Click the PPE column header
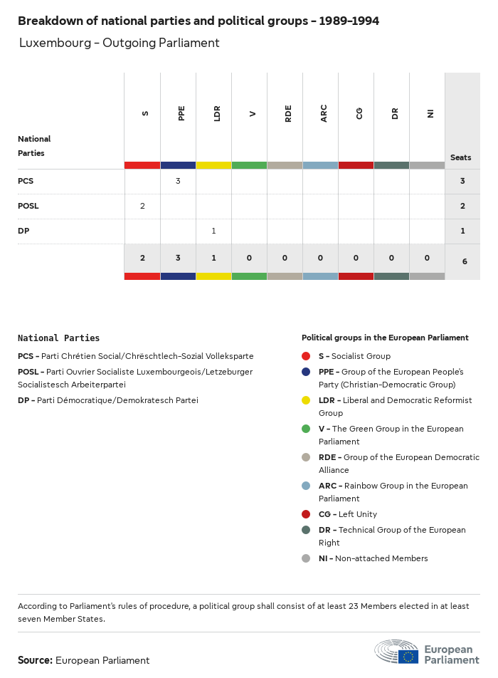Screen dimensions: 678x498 point(181,113)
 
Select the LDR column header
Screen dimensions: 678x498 point(217,113)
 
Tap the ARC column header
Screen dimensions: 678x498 point(324,113)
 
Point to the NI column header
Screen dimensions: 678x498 point(430,113)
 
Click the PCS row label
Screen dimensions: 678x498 point(26,181)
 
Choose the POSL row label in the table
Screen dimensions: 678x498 point(28,206)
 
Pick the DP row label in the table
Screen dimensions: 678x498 point(23,231)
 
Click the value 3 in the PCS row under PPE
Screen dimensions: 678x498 point(178,181)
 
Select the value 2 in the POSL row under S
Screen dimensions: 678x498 point(142,206)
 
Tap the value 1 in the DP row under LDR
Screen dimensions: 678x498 point(213,231)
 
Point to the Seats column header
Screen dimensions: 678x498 point(460,157)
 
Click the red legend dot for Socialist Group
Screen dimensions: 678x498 point(306,356)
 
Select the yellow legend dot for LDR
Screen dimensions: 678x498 point(306,400)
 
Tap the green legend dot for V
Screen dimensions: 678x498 point(306,429)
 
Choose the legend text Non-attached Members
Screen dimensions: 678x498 point(381,558)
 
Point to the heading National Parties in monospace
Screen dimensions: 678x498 point(58,338)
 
